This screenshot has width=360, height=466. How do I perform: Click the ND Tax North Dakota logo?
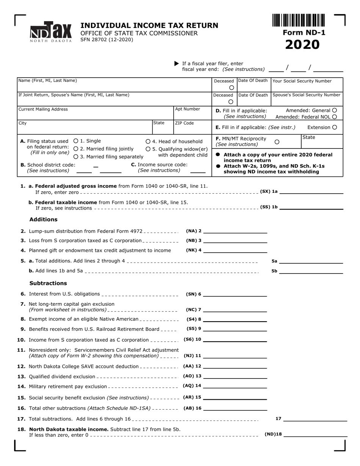pos(51,32)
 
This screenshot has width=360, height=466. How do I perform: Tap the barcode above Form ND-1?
pos(298,20)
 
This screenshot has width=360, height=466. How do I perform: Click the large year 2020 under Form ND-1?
pos(302,45)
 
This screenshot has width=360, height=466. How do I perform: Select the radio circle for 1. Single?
pos(76,141)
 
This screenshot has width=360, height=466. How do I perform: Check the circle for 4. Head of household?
pos(148,141)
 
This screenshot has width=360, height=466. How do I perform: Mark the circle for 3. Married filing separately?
pos(76,157)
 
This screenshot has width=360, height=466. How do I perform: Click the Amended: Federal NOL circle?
pos(335,117)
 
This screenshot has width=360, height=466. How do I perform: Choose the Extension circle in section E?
pos(335,127)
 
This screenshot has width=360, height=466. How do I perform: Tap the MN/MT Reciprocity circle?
pos(277,142)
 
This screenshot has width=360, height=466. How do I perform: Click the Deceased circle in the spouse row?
pos(231,102)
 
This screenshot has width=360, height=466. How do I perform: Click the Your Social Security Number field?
pos(307,87)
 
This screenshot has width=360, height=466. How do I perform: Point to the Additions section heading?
pos(44,219)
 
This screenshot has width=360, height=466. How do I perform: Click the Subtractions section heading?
pos(48,283)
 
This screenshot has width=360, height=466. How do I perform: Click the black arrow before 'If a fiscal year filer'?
pos(176,63)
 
